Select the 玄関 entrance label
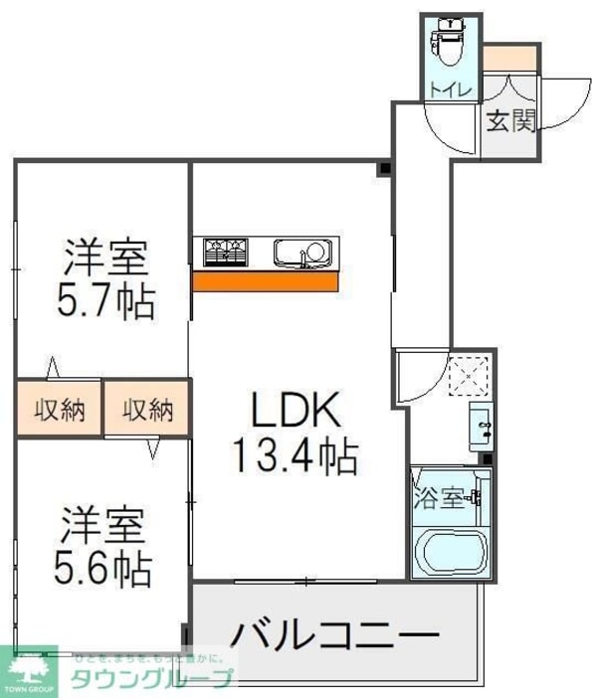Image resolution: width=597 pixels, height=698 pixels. pos(511,121)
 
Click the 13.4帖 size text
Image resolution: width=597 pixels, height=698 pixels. pos(296,456)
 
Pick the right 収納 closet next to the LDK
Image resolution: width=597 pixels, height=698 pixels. pos(147,409)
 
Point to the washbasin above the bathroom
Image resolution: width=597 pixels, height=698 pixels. pos(481,428)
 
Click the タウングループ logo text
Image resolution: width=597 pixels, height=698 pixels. pos(149,679)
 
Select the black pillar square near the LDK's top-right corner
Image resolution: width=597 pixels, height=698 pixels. pos(383,168)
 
